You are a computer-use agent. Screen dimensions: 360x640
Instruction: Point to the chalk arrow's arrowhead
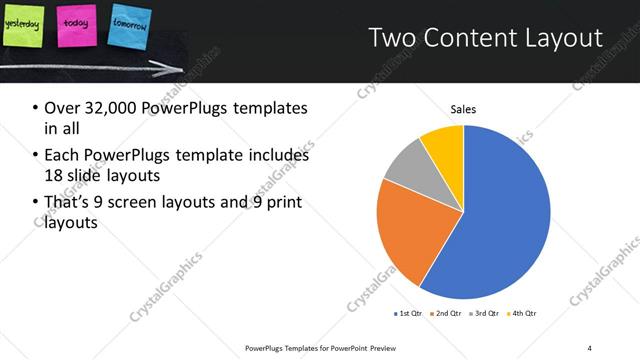click(x=181, y=67)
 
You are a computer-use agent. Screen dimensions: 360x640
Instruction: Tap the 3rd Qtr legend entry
click(x=484, y=314)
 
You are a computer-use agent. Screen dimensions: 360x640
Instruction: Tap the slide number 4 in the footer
click(x=589, y=347)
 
